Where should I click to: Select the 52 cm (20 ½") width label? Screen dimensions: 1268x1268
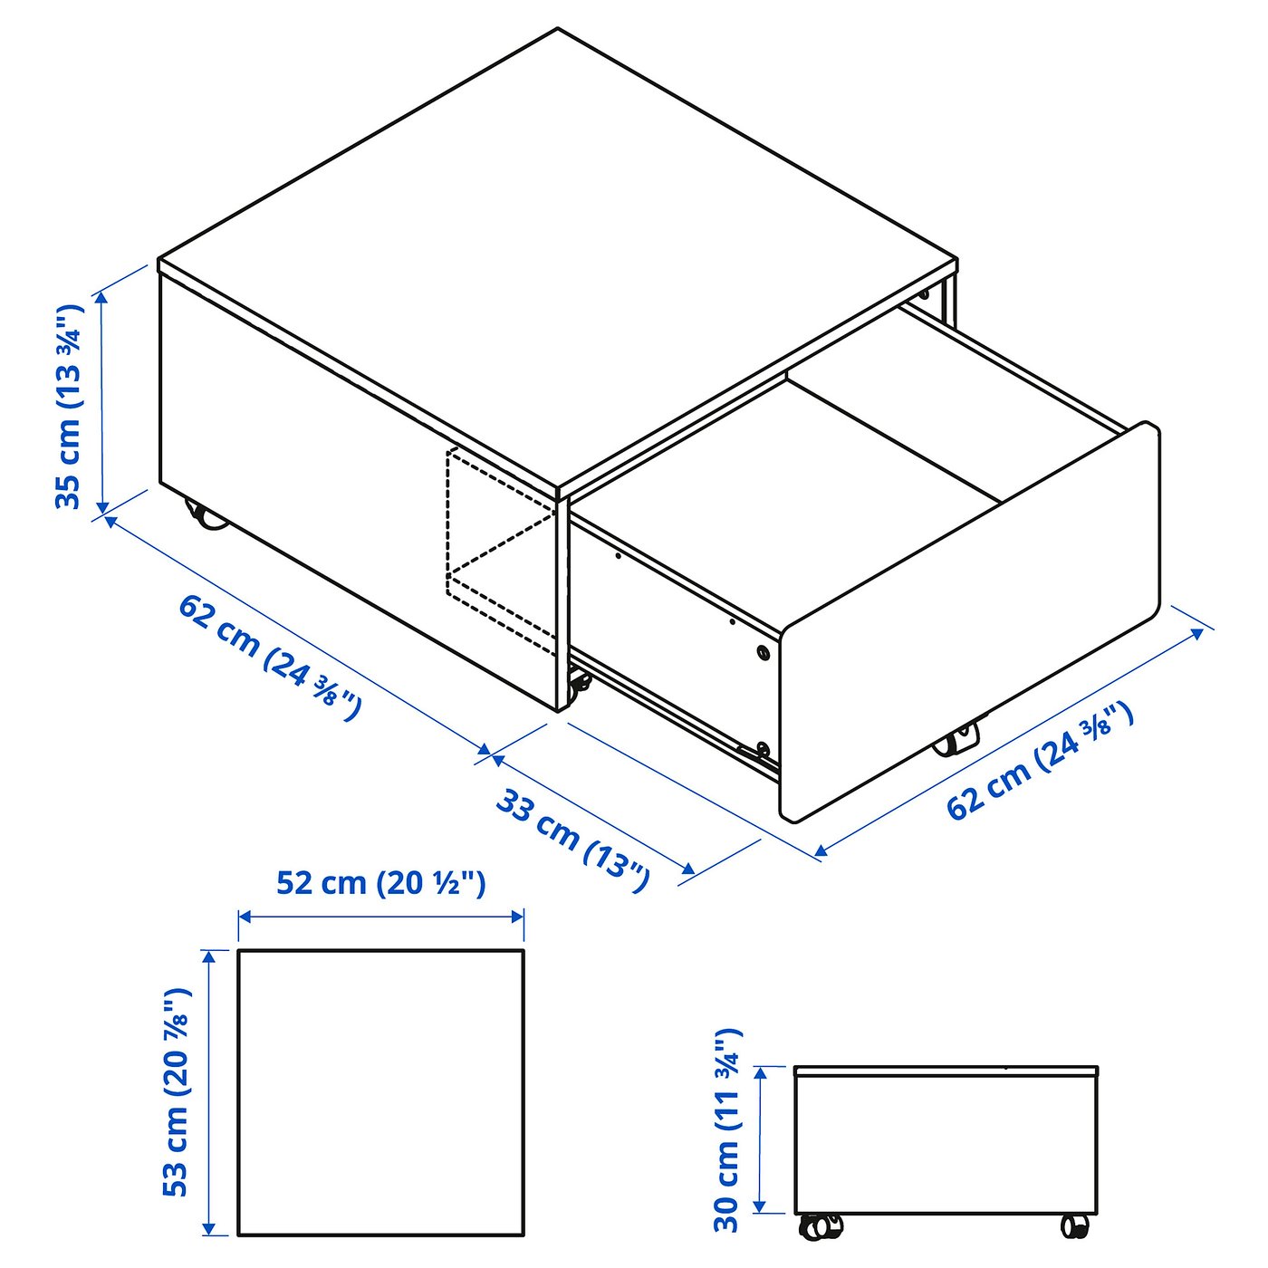(380, 882)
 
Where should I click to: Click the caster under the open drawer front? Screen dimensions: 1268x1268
(956, 740)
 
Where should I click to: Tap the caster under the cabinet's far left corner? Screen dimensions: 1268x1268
(207, 515)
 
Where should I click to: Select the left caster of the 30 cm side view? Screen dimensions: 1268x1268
(819, 1226)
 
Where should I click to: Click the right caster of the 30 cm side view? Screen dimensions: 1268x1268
(1075, 1226)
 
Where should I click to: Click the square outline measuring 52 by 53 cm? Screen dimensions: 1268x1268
(380, 1092)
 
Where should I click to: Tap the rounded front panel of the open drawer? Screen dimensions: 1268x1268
(969, 625)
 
